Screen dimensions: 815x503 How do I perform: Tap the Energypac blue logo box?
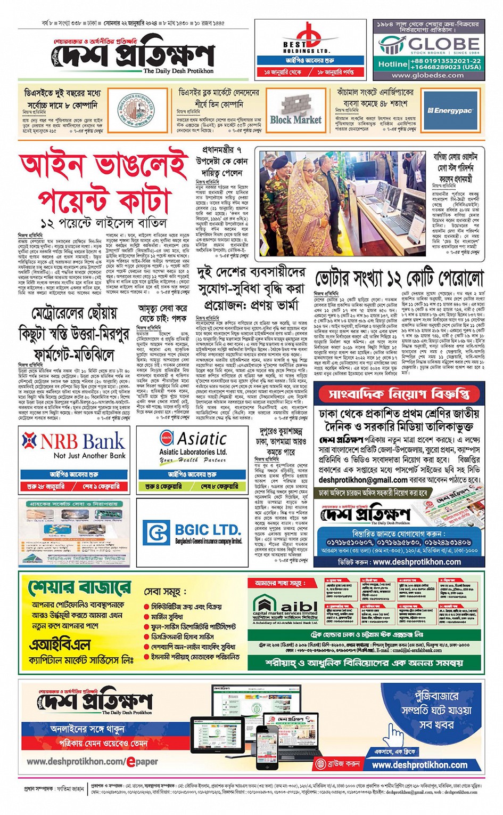point(450,110)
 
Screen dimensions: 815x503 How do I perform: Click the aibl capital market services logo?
point(284,607)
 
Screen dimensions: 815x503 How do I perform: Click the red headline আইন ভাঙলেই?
point(103,167)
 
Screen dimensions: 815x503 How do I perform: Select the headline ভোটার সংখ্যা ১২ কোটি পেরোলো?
point(399,278)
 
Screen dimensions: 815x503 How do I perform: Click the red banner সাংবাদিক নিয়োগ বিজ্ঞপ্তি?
point(399,394)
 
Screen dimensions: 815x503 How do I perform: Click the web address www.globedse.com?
point(428,76)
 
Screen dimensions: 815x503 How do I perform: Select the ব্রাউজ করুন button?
point(337,763)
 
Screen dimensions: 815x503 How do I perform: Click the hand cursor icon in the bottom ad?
point(394,736)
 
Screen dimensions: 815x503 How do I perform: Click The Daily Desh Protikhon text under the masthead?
point(178,71)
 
